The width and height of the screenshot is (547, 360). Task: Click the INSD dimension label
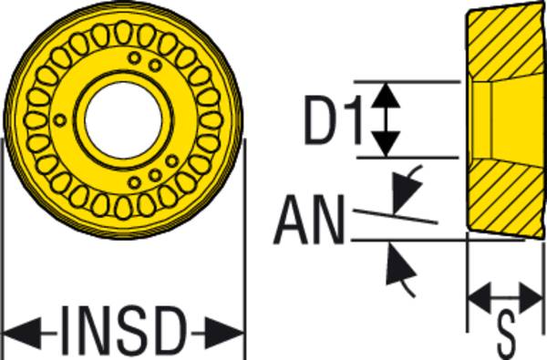(x=125, y=331)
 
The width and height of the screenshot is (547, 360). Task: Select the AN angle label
(x=309, y=222)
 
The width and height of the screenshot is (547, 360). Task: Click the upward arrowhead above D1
(x=388, y=93)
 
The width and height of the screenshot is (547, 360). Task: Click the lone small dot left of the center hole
(x=60, y=118)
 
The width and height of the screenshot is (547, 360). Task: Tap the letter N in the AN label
(x=325, y=222)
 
